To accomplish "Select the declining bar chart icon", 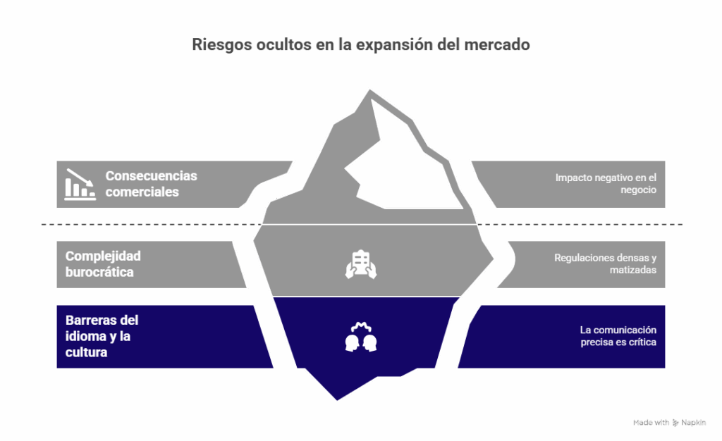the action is [x=80, y=184].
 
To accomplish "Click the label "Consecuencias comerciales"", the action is [x=151, y=183].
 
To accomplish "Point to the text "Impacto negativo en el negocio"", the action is [x=606, y=183].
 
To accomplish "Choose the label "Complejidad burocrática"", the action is [x=103, y=264].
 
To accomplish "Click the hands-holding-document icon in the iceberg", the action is [x=361, y=264].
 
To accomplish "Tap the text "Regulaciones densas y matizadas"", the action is [x=605, y=263].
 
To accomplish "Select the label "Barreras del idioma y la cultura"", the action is [x=102, y=336].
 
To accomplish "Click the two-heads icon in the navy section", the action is [x=361, y=337].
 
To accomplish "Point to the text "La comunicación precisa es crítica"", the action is [x=618, y=336].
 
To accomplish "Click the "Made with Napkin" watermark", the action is [x=669, y=423].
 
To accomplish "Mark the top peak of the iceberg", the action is [x=369, y=90].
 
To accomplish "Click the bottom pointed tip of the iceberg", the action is [x=337, y=399].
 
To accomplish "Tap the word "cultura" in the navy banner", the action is [x=86, y=352].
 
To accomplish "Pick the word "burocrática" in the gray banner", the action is [x=99, y=272].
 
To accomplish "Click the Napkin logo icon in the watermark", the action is [x=675, y=423].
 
